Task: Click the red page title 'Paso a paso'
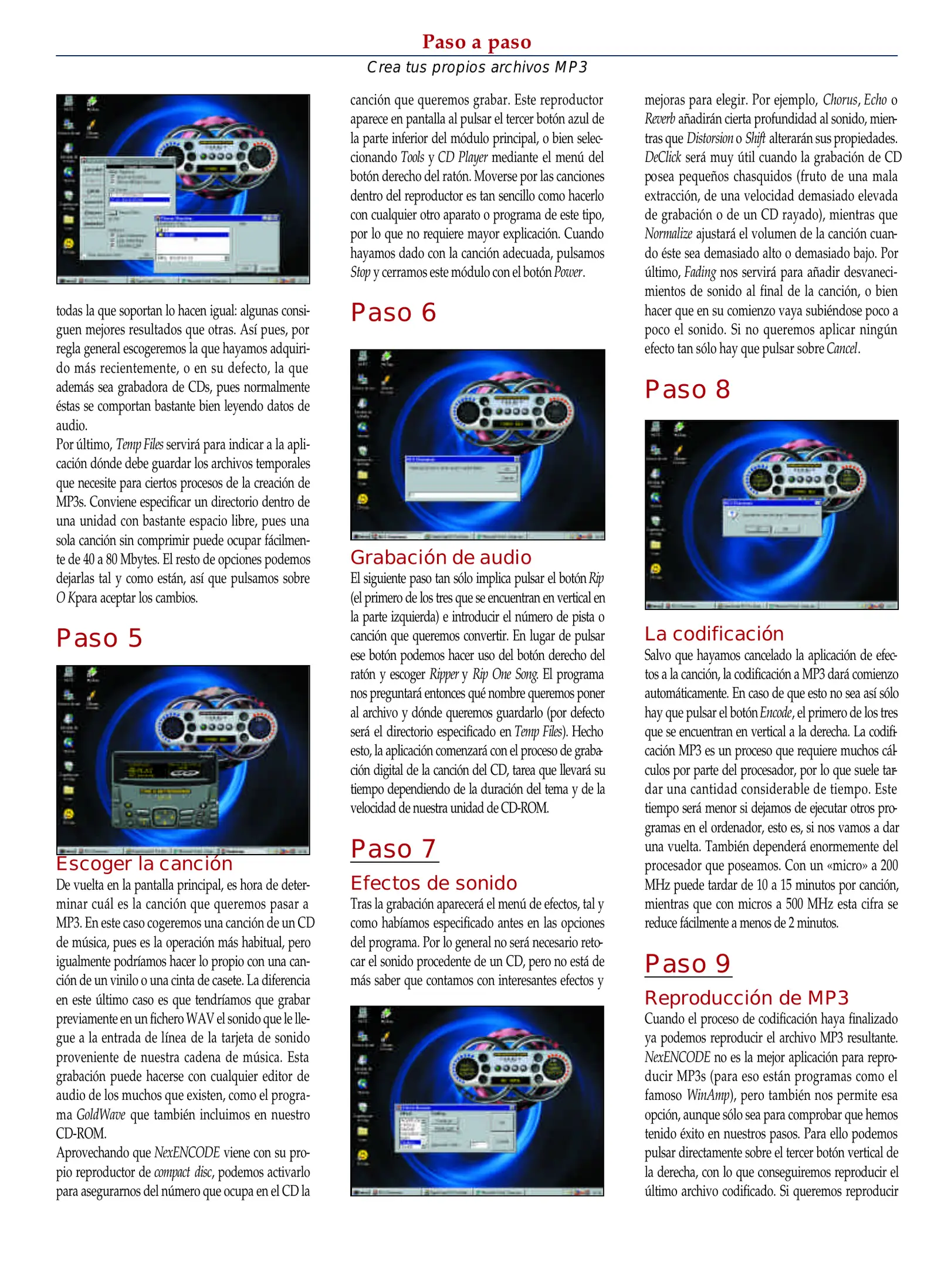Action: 476,42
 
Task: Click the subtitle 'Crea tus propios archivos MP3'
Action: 476,67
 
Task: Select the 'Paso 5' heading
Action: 99,638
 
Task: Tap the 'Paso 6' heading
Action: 394,313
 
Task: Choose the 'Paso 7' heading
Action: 394,849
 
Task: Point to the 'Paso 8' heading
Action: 688,389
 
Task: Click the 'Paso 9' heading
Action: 688,964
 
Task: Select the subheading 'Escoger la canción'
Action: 144,863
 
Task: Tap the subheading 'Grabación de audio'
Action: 441,557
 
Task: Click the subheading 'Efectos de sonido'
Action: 434,883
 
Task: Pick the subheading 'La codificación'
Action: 714,633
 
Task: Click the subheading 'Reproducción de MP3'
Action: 746,998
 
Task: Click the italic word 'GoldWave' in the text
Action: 101,1114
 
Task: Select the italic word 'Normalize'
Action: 668,234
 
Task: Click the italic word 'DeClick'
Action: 662,157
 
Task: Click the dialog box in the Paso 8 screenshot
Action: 771,517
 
